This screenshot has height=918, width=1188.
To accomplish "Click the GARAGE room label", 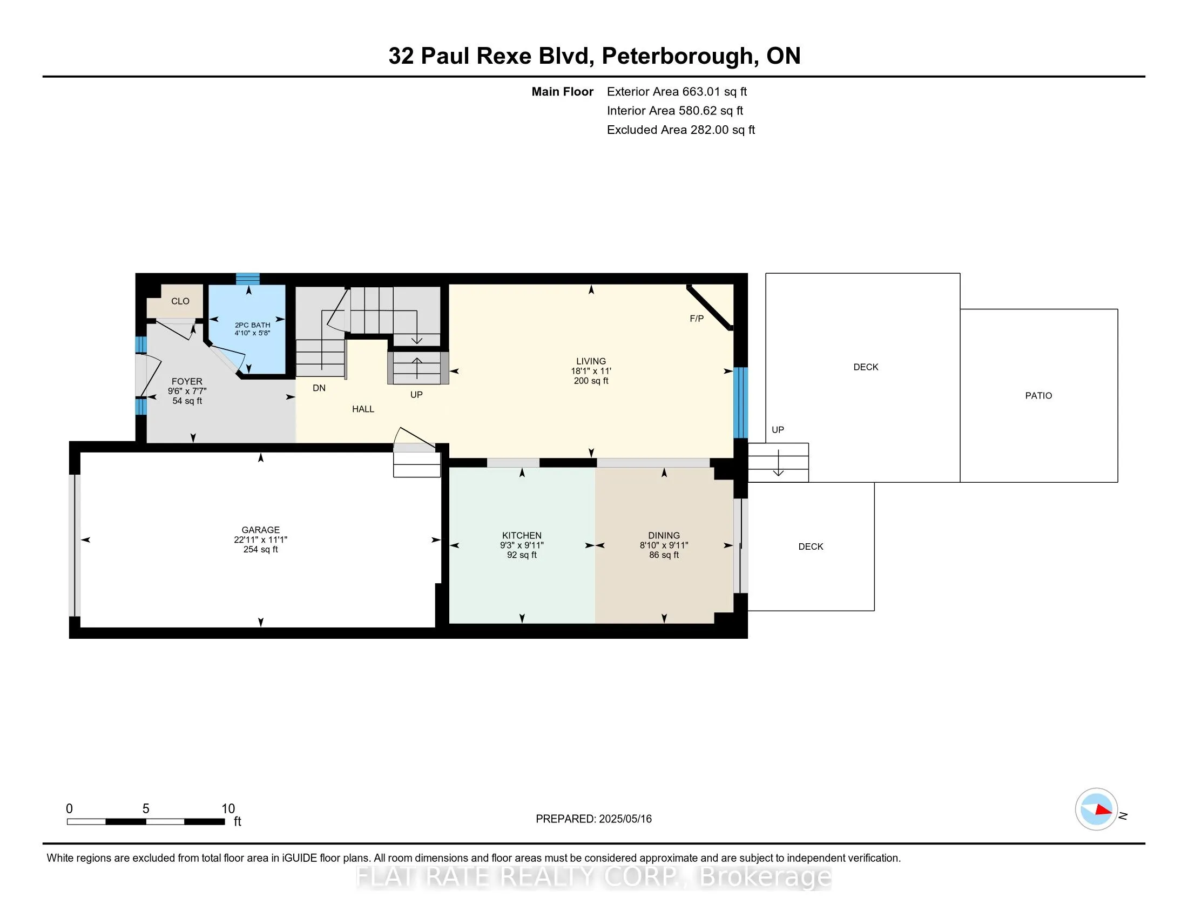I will point(261,530).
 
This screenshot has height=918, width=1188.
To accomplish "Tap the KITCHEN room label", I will point(522,535).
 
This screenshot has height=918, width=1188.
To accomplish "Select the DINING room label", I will point(664,535).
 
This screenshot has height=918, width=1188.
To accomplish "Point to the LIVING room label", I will point(591,361).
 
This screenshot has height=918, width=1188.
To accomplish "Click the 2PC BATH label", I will point(252,325).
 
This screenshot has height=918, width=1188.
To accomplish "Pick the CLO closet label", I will point(180,301).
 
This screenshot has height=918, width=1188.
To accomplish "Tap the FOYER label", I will point(187,381).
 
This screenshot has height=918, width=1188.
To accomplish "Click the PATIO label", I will point(1038,396).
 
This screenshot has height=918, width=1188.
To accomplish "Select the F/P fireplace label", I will point(696,319).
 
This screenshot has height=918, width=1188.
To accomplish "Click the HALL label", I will point(363,409).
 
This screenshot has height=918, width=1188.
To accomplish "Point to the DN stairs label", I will point(319,388).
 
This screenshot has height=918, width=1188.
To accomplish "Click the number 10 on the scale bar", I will point(228,809).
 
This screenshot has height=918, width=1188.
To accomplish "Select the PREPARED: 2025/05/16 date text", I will point(593,819).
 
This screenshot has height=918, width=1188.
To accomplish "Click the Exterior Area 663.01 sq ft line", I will point(677,92).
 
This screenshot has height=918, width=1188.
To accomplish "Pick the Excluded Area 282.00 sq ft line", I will point(680,130).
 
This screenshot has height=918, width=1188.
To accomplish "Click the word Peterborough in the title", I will point(677,56).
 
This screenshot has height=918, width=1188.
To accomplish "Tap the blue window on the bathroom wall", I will point(247,279).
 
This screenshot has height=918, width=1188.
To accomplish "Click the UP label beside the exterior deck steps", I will point(777,430).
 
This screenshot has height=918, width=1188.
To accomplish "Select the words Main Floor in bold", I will point(562,92).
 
